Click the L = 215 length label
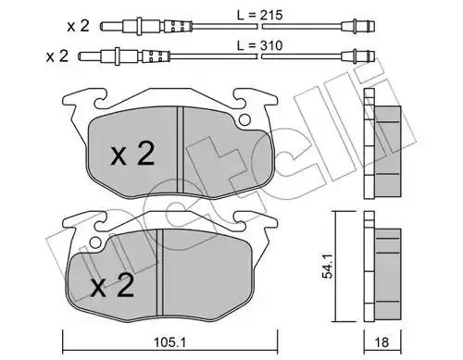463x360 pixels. tap(259, 15)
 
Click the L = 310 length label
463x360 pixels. tap(259, 45)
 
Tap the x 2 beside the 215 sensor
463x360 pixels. tap(79, 26)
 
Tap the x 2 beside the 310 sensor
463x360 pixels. tap(57, 56)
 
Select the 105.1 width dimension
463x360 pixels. tap(170, 341)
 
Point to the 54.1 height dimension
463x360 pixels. tap(327, 267)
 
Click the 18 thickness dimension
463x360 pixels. tap(382, 341)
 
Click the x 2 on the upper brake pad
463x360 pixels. tap(133, 154)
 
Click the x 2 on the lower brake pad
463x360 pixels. tap(112, 285)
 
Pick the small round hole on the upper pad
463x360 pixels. tap(244, 120)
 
